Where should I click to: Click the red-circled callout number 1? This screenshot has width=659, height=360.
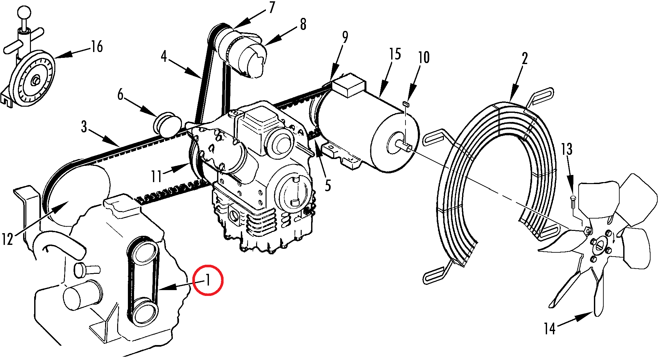208,280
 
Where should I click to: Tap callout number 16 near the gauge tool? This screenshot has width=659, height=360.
97,47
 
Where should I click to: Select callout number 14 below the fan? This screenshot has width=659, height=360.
550,328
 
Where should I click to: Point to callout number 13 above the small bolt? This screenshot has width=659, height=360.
567,149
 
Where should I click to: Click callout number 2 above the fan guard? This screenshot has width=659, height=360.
525,59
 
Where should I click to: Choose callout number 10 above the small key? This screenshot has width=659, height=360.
424,57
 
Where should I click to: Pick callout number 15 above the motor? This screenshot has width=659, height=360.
395,54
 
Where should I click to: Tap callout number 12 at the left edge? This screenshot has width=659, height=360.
7,239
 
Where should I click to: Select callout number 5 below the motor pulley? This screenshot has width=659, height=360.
328,185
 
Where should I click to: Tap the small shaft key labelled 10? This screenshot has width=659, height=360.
405,104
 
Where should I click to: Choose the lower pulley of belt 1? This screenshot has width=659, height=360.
144,311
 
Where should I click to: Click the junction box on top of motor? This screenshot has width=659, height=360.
347,85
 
